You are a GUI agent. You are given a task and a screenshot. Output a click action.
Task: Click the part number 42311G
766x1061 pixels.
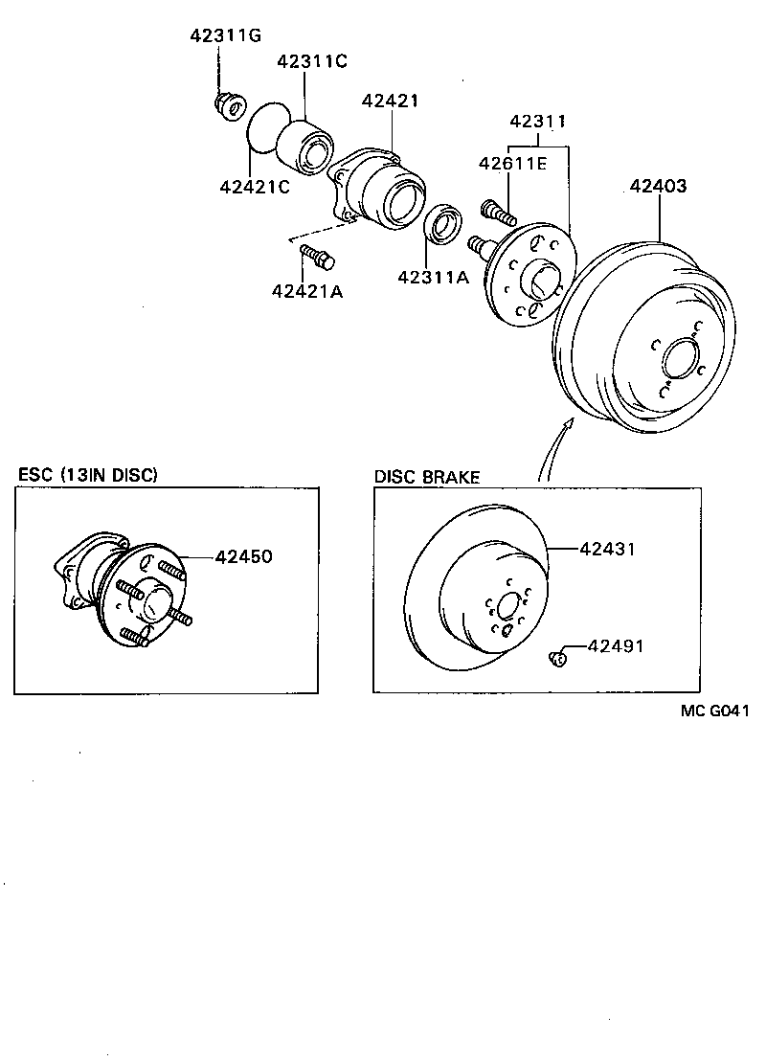tap(223, 36)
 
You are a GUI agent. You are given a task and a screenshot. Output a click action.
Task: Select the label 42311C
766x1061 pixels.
tap(312, 61)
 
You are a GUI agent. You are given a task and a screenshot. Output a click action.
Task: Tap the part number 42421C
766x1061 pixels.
tap(254, 186)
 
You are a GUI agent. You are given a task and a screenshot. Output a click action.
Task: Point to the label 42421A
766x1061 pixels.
tap(307, 290)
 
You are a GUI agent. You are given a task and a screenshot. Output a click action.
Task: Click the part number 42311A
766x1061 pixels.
tap(434, 278)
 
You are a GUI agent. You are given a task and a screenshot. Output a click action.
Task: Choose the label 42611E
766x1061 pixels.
tap(512, 164)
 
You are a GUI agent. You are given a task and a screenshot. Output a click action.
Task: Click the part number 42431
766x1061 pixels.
tap(608, 549)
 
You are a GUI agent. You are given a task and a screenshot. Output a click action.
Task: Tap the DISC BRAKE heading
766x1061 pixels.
tap(427, 477)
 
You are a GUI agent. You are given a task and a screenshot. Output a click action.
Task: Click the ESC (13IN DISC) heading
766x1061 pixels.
tap(88, 475)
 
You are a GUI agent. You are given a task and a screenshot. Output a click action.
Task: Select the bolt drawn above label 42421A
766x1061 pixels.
tap(317, 256)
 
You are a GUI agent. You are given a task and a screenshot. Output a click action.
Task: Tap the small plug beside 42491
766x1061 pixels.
tap(557, 657)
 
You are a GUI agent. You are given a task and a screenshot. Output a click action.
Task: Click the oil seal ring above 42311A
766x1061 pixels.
tap(444, 224)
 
